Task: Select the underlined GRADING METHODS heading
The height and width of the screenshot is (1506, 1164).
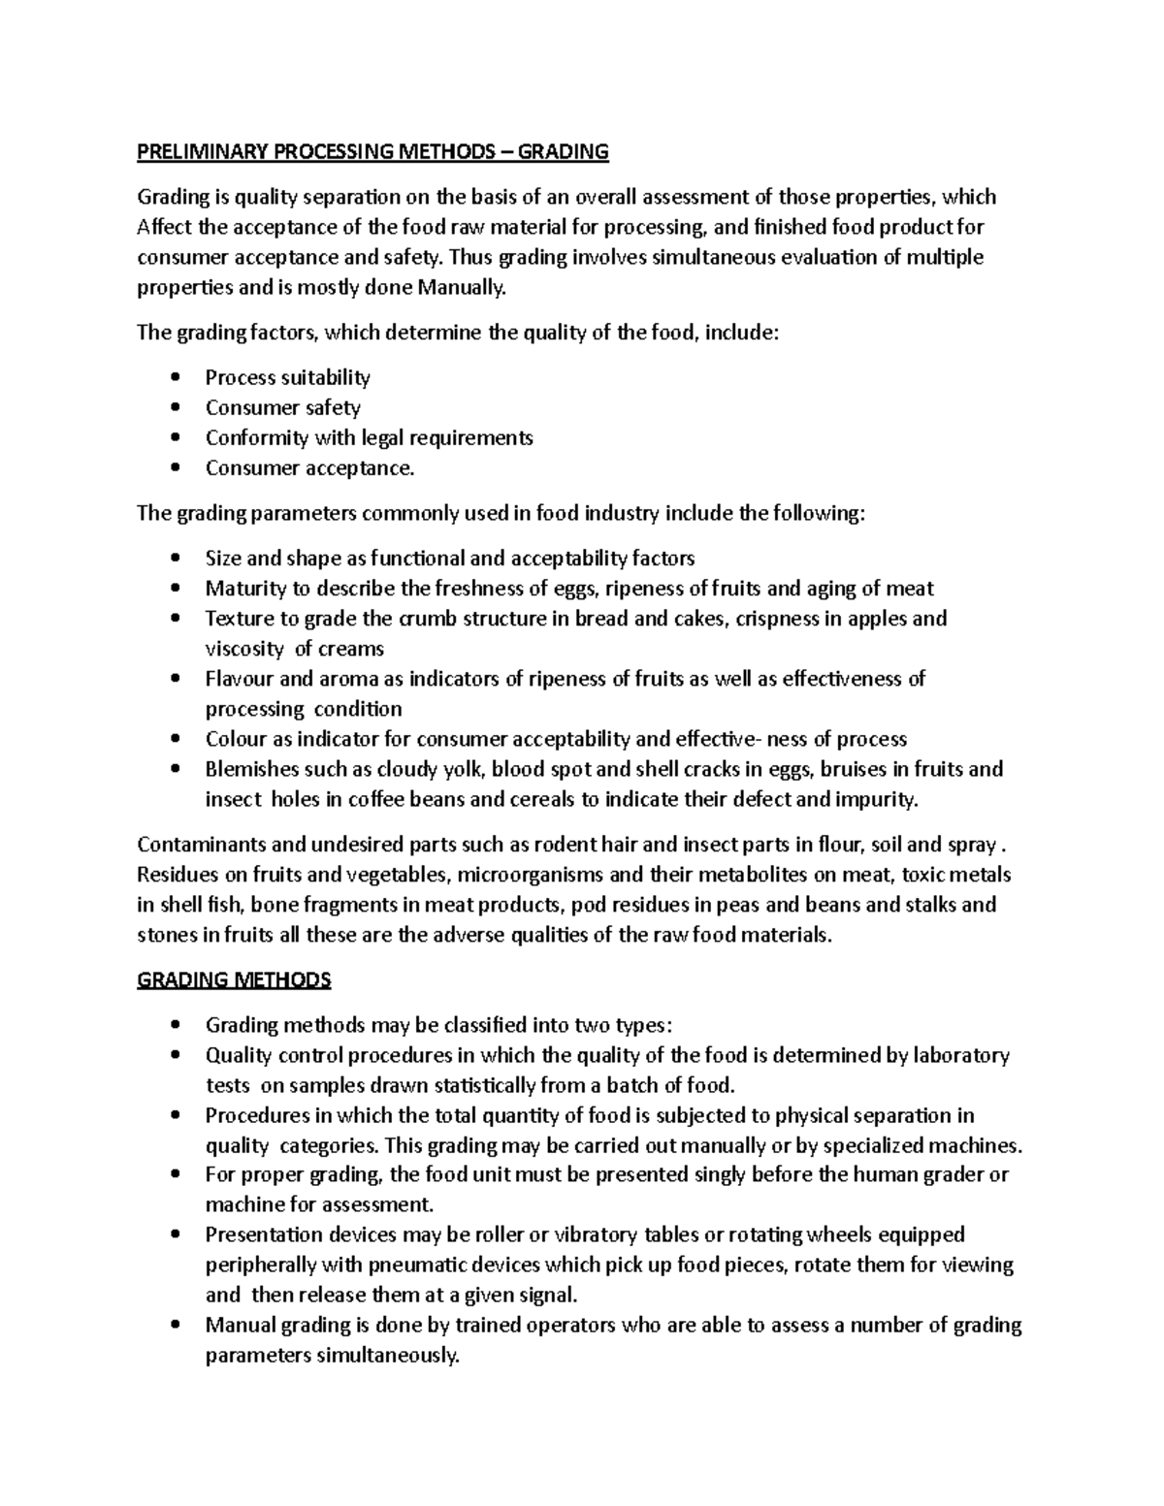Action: click(234, 979)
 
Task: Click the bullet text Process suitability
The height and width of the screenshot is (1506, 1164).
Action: click(287, 377)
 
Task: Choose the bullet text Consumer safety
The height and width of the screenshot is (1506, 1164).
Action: click(282, 407)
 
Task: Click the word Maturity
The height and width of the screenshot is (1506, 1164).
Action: click(245, 588)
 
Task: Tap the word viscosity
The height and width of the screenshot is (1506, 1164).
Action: click(244, 649)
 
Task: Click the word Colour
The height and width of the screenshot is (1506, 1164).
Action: click(235, 739)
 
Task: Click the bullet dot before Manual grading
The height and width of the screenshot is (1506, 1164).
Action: click(175, 1326)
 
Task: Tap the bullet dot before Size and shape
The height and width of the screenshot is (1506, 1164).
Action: click(175, 559)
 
